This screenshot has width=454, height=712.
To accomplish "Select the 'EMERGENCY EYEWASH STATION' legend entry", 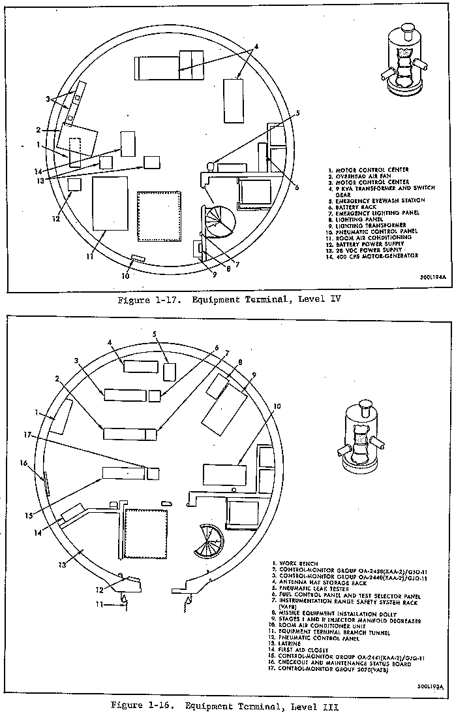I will [375, 201].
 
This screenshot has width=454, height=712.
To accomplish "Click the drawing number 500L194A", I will [431, 278].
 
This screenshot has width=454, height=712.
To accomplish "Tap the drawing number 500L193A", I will [430, 687].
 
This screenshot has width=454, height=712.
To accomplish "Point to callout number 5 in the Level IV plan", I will [297, 112].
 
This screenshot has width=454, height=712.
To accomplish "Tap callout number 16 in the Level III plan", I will [24, 463].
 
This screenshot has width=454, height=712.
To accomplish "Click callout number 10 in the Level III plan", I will [277, 406].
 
